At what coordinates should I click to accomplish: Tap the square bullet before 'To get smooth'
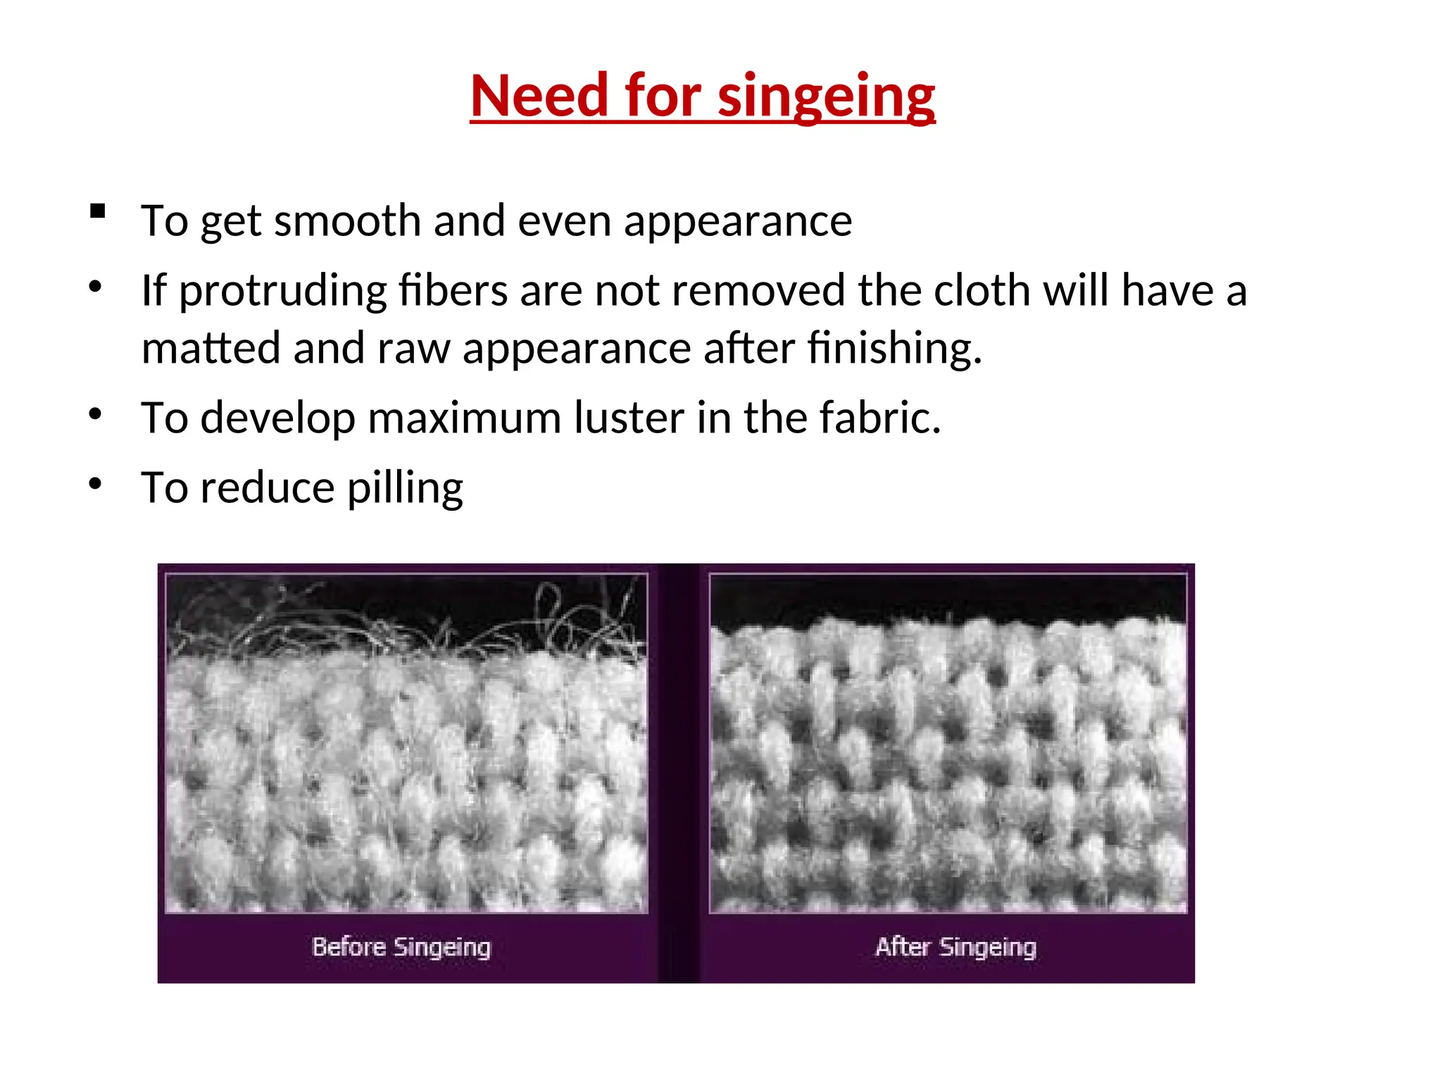[98, 211]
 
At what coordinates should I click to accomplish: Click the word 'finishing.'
[894, 348]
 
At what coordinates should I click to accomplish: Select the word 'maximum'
[465, 417]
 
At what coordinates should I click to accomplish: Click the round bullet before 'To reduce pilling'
[96, 483]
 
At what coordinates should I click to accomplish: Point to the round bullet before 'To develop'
[96, 413]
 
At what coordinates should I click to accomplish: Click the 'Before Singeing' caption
[401, 947]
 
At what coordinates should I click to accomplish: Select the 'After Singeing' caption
[955, 947]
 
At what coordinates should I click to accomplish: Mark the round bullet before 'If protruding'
[96, 286]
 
